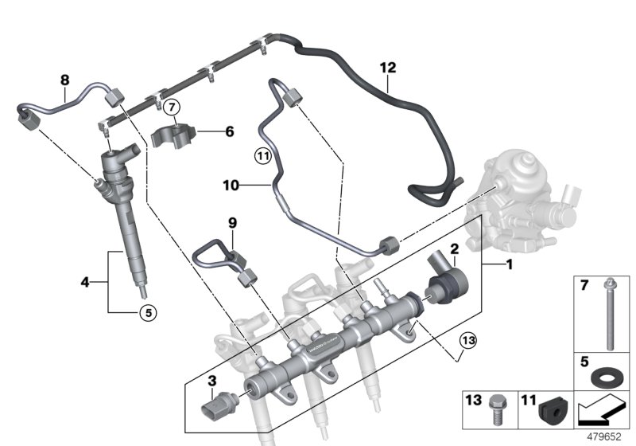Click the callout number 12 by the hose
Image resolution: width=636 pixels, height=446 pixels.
(387, 68)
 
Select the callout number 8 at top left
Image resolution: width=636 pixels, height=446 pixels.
(65, 79)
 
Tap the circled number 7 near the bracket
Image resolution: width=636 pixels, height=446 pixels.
(173, 107)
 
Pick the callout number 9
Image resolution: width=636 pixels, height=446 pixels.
(233, 225)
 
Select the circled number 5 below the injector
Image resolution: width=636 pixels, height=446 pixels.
(145, 312)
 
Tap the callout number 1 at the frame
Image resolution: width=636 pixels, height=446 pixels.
(508, 263)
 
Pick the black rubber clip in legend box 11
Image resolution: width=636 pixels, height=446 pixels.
(549, 409)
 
